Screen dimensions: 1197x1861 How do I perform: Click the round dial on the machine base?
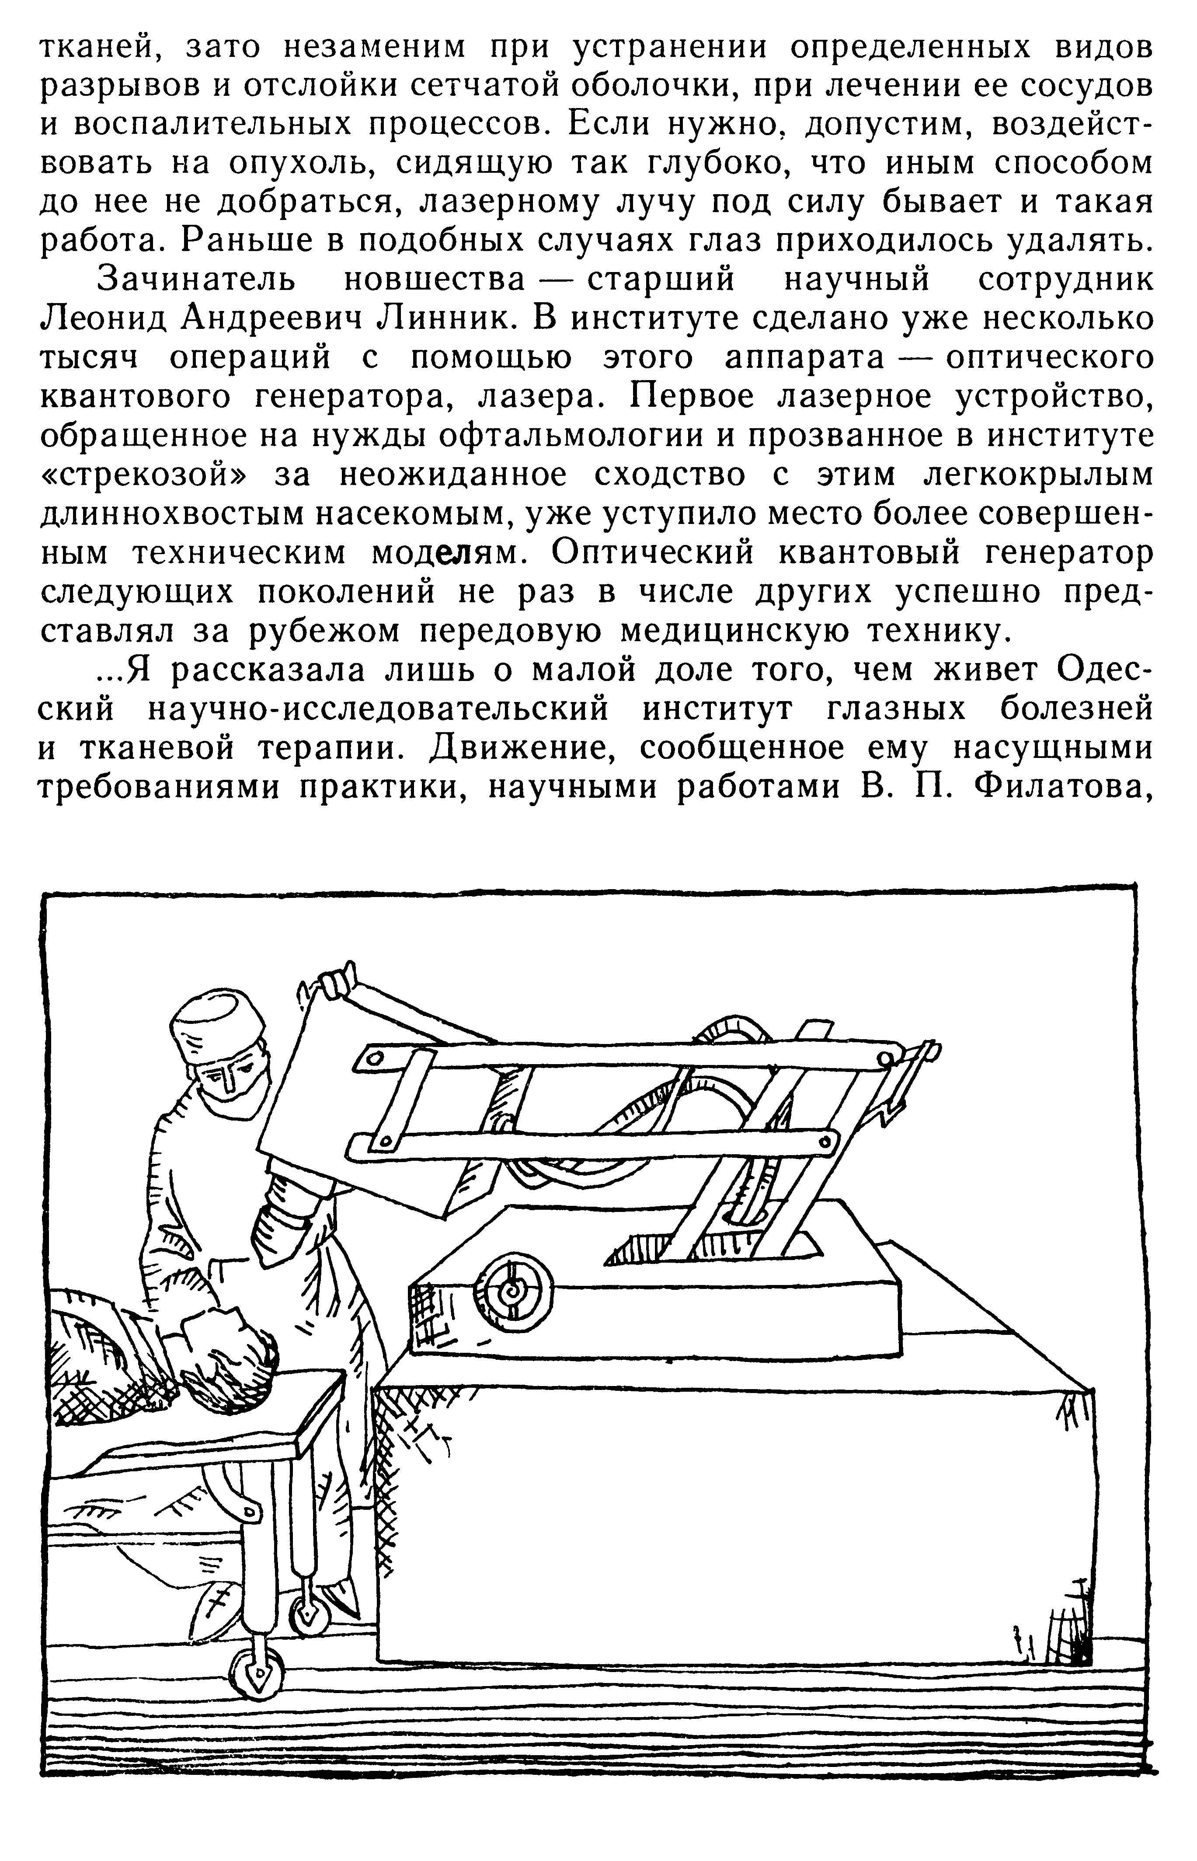coord(513,1290)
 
